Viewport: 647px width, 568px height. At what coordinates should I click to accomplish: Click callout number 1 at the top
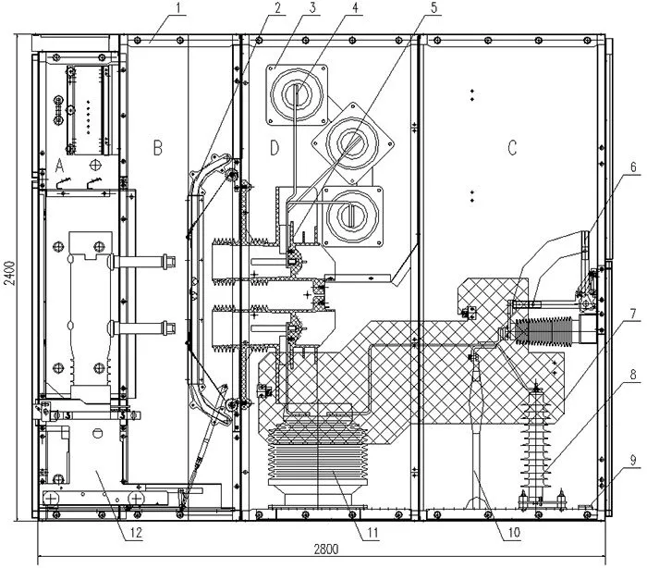pos(177,8)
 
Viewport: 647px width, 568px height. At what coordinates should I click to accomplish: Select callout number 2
pos(278,7)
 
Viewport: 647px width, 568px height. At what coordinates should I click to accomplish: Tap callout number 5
pos(433,7)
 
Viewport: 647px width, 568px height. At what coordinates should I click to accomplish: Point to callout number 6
pos(633,167)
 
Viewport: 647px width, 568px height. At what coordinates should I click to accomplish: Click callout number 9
pos(633,460)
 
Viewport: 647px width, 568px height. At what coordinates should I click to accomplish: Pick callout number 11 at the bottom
pos(373,533)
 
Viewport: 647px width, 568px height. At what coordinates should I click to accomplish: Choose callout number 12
pos(136,533)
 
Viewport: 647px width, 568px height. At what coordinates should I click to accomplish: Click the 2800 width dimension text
pos(326,549)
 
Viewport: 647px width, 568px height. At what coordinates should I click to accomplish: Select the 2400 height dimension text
pos(10,273)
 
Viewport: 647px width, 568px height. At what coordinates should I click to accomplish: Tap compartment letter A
pos(60,167)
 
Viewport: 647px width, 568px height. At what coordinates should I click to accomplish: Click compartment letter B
pos(158,147)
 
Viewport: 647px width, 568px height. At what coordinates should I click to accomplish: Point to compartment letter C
pos(512,147)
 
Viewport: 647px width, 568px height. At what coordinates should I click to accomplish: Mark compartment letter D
pos(275,147)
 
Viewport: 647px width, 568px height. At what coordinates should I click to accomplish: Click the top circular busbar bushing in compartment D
pos(297,94)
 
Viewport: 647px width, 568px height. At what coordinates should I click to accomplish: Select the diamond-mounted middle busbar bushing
pos(352,143)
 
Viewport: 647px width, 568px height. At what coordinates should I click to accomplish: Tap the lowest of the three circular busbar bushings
pos(352,216)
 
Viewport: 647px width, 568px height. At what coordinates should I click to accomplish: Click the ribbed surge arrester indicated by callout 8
pos(536,442)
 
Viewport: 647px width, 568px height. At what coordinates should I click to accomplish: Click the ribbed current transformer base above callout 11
pos(318,454)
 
